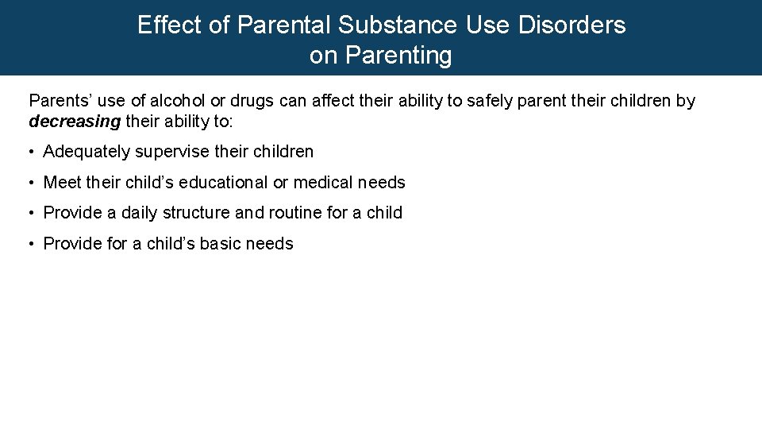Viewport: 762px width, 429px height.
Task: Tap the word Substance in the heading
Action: (397, 25)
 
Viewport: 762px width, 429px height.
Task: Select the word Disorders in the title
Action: (571, 25)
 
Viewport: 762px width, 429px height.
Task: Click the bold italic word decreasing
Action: (75, 122)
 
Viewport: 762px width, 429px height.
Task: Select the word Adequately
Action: (87, 152)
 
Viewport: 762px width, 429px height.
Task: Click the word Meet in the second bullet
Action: (62, 183)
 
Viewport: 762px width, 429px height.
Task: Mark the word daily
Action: (140, 213)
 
